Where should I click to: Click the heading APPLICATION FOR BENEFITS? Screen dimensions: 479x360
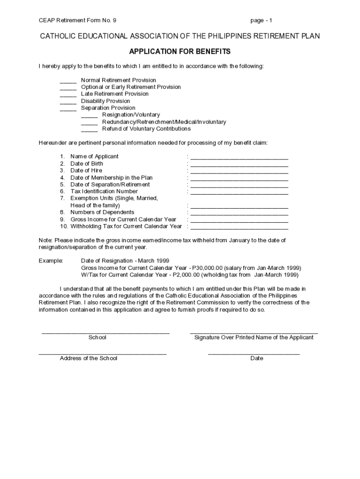click(180, 51)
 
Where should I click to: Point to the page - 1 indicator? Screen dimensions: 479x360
click(261, 21)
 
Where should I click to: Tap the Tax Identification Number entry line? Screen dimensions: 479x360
click(239, 193)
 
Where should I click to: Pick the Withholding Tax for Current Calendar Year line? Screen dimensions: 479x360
click(239, 228)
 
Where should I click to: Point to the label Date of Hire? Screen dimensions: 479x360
click(86, 171)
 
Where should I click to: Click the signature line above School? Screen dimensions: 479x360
click(106, 332)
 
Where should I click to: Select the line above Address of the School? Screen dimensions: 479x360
click(102, 353)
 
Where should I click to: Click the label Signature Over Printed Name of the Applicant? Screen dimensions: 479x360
click(254, 338)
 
